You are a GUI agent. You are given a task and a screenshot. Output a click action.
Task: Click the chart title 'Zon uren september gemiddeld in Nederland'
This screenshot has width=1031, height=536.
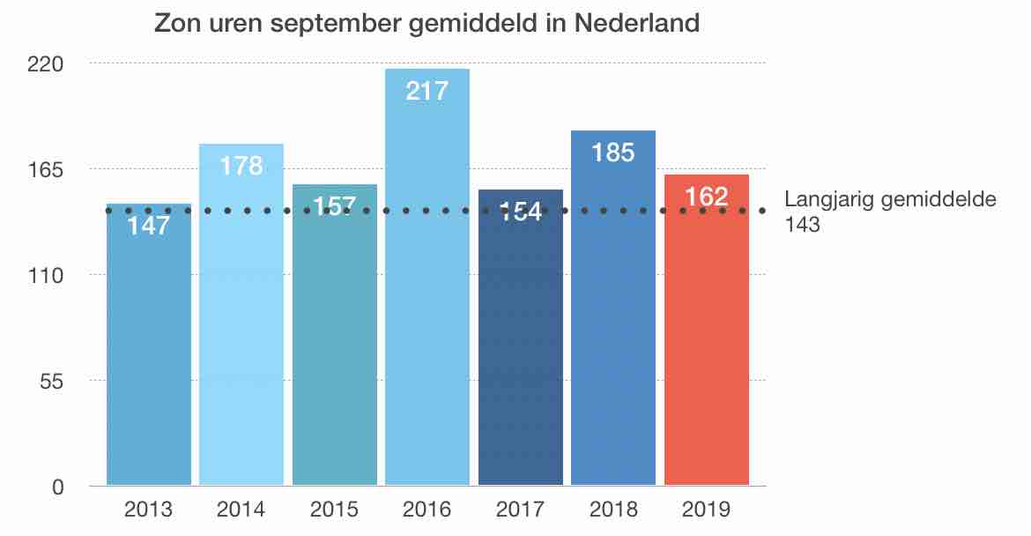coord(426,23)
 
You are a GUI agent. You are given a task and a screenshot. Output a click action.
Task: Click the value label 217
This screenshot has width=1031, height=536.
coord(427,90)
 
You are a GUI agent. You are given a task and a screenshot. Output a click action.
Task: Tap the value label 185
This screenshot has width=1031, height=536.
coord(613,153)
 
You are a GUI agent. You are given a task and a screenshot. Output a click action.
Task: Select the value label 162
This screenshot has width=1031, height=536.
coord(707,196)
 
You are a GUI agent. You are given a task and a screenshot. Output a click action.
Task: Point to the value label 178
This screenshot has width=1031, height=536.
coord(241,165)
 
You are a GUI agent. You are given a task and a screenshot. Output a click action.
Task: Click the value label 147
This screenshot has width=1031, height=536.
coord(149,226)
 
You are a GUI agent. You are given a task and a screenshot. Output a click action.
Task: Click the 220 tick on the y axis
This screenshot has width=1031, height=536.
coord(48,63)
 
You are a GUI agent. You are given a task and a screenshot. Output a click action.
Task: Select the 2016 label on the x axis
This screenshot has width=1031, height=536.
coord(427,510)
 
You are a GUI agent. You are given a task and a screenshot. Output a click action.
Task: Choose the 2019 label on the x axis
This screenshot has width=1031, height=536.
coord(707,510)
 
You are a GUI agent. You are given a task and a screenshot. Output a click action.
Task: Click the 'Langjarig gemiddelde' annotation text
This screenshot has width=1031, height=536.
coord(890,199)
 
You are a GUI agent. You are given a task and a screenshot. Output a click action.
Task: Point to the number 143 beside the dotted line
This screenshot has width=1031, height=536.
coord(802,225)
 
